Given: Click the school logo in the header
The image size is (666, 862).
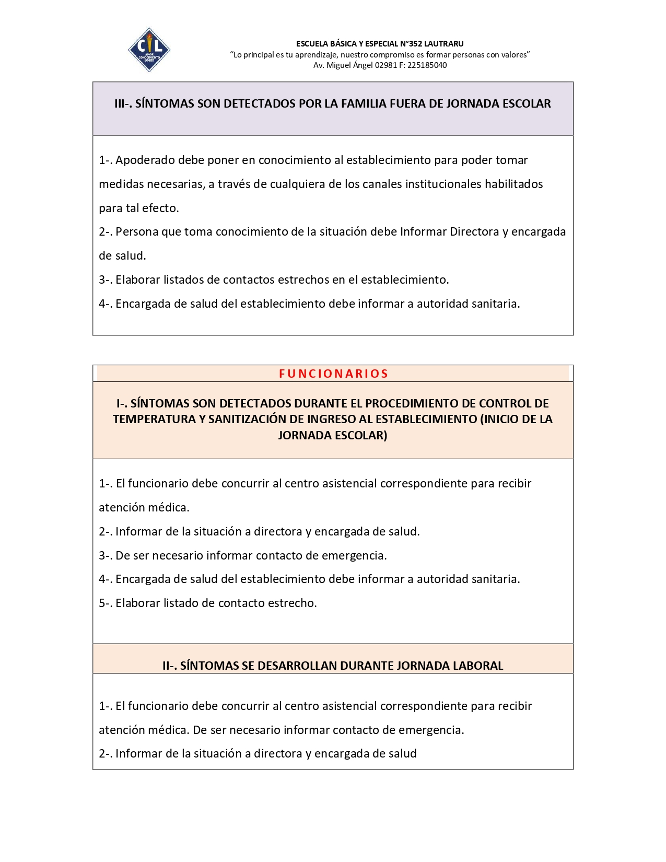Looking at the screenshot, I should pyautogui.click(x=149, y=50).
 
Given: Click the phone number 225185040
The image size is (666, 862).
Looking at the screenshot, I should pyautogui.click(x=426, y=65).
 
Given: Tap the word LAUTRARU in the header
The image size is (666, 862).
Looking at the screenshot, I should pyautogui.click(x=444, y=44).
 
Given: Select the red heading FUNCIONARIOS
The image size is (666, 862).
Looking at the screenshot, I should pyautogui.click(x=333, y=374).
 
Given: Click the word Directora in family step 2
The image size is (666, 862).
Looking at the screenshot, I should pyautogui.click(x=475, y=231).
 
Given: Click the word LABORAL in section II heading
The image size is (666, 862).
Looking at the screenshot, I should pyautogui.click(x=478, y=666).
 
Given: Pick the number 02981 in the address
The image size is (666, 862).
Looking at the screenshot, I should pyautogui.click(x=386, y=65).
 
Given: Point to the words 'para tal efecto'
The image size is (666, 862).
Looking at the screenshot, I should pyautogui.click(x=138, y=208).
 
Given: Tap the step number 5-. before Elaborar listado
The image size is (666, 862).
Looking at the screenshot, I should pyautogui.click(x=106, y=603).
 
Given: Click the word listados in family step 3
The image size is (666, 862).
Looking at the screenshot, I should pyautogui.click(x=183, y=279).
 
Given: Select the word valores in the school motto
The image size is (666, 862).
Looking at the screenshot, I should pyautogui.click(x=514, y=55).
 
